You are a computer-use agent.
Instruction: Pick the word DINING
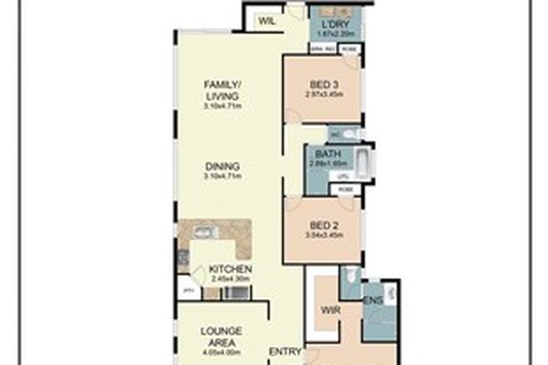pyautogui.click(x=223, y=165)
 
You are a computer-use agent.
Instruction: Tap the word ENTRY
pyautogui.click(x=286, y=351)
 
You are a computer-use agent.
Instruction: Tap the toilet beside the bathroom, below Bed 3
pyautogui.click(x=349, y=134)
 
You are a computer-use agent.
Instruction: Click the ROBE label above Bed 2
pyautogui.click(x=345, y=188)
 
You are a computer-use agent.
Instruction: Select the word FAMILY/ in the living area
pyautogui.click(x=223, y=83)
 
